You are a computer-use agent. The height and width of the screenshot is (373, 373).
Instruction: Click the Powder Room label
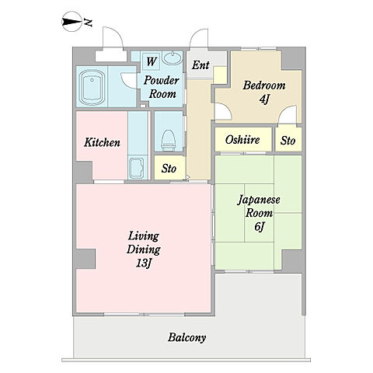pos(159,86)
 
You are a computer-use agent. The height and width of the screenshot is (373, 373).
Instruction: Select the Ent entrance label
pos(201,65)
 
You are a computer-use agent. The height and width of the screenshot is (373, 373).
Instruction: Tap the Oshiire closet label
pos(242,141)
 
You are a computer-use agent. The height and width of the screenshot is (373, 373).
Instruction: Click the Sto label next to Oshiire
pos(288,141)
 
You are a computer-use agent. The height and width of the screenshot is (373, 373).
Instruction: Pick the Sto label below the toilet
pos(169,169)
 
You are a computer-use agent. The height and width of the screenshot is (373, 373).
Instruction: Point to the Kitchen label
pos(102,142)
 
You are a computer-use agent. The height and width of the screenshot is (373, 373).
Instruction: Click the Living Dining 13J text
pos(144,249)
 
